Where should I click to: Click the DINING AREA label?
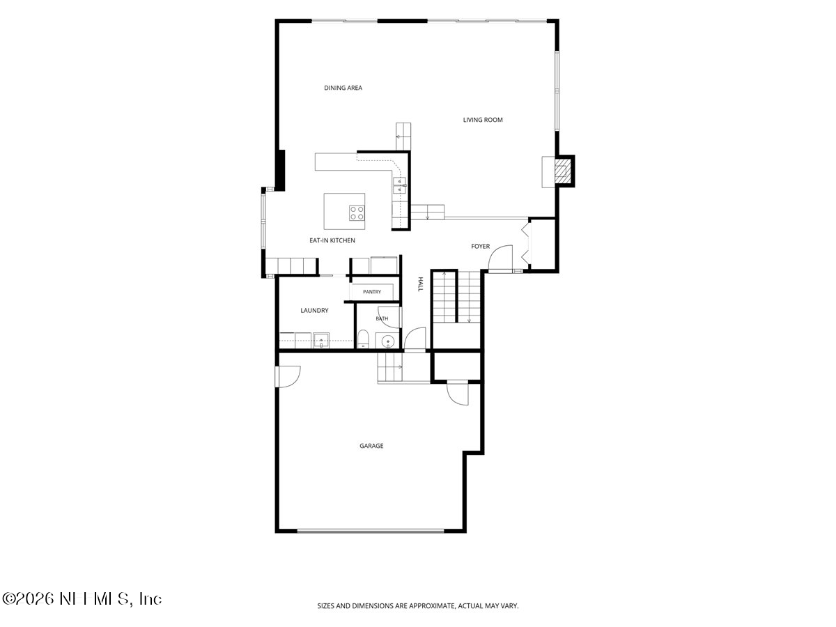(x=343, y=88)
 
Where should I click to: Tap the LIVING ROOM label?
(x=483, y=120)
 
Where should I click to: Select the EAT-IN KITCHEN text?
(x=332, y=240)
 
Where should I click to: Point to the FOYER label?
(x=480, y=247)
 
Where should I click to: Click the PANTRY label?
(x=372, y=292)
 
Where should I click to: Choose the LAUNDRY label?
(x=314, y=311)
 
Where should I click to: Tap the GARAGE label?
(x=371, y=446)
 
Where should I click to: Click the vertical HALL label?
(x=421, y=284)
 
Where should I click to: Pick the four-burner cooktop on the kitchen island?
(x=357, y=212)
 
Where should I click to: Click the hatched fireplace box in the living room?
(x=564, y=171)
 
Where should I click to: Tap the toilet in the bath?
(x=363, y=339)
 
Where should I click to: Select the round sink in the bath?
(x=388, y=341)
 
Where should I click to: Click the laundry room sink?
(x=321, y=341)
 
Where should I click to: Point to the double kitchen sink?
(x=399, y=185)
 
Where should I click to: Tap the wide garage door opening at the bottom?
(x=370, y=530)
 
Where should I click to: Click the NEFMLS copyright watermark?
(x=82, y=599)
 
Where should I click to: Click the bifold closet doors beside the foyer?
(x=526, y=244)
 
